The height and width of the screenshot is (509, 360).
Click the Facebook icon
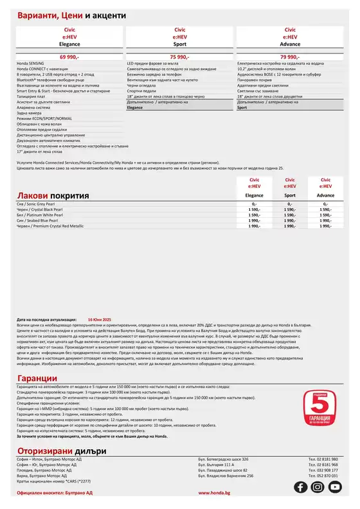(300, 487)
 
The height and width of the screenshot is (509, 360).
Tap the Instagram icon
(317, 487)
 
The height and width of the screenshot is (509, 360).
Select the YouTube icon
(334, 487)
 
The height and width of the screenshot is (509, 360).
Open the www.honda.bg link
(212, 492)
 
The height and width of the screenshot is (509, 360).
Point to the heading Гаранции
(37, 378)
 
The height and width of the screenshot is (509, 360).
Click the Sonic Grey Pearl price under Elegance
(254, 204)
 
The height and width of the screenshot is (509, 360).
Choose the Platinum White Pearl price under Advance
(326, 215)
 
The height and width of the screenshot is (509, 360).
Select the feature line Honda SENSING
(31, 65)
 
